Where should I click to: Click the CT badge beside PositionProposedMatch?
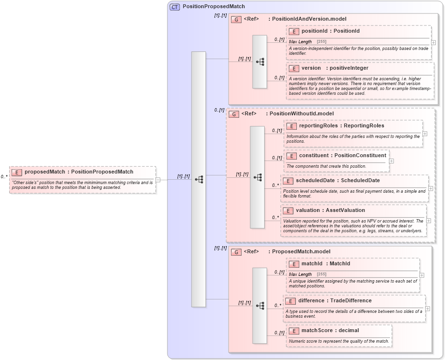pyautogui.click(x=175, y=7)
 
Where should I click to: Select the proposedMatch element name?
pyautogui.click(x=44, y=172)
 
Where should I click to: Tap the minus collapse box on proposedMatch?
pyautogui.click(x=157, y=180)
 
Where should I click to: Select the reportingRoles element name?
pyautogui.click(x=318, y=126)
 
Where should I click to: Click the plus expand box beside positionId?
pyautogui.click(x=433, y=42)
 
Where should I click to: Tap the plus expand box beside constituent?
pyautogui.click(x=391, y=161)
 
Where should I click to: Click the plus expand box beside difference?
pyautogui.click(x=427, y=309)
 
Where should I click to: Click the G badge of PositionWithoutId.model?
pyautogui.click(x=233, y=114)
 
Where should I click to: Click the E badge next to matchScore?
pyautogui.click(x=293, y=331)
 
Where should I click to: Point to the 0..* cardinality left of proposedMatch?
pyautogui.click(x=4, y=177)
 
